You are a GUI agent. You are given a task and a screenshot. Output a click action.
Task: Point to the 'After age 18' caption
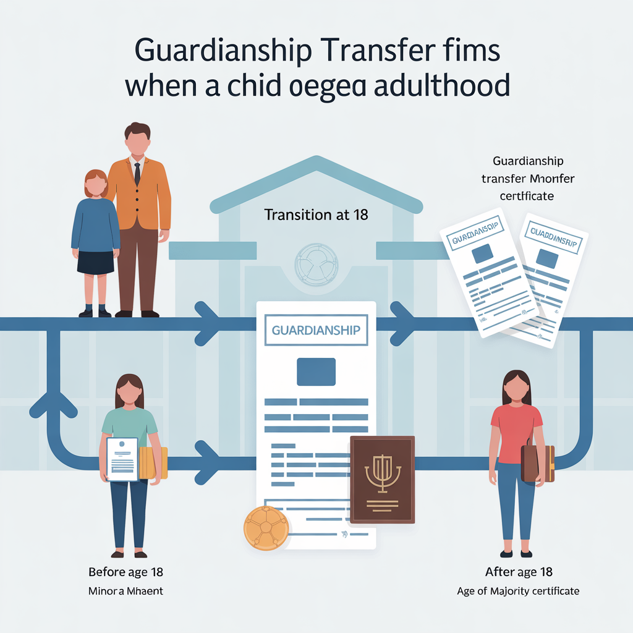click(x=519, y=571)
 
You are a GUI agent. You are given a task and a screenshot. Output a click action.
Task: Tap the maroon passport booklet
click(x=381, y=480)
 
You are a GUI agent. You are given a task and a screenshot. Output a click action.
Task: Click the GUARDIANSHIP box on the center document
click(x=316, y=330)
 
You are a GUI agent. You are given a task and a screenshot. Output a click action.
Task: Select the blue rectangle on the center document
click(x=316, y=372)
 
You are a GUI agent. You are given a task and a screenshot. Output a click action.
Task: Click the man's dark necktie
click(x=137, y=174)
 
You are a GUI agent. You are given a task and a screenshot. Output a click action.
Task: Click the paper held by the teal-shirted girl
click(x=122, y=459)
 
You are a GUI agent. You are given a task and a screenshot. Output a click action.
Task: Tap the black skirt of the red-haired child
click(x=96, y=261)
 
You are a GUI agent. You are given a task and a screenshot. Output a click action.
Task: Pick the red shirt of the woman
click(x=516, y=433)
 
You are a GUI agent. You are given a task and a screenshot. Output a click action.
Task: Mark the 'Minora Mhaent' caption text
click(x=125, y=591)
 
